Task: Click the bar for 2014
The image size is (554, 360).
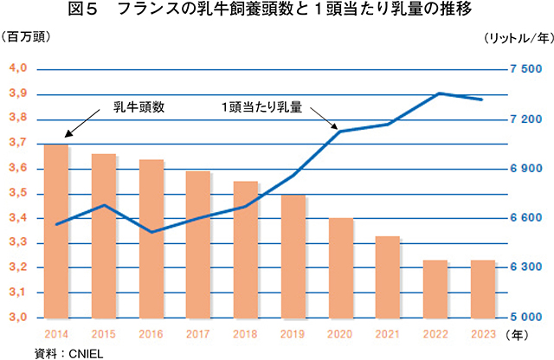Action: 56,230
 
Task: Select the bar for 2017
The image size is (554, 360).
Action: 198,244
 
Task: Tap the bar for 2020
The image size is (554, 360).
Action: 341,267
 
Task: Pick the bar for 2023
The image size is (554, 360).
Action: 483,288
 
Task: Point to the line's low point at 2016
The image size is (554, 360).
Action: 151,232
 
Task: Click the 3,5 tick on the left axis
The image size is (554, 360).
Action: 19,193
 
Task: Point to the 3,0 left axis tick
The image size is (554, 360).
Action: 19,318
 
